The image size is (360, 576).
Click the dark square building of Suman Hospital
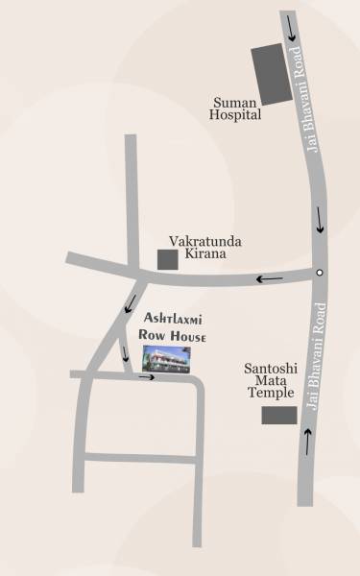pos(270,73)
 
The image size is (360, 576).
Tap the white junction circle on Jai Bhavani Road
pos(320,274)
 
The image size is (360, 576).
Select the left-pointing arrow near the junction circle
pos(269,279)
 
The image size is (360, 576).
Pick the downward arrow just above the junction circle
pos(320,227)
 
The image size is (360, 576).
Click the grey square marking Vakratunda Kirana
pos(167,259)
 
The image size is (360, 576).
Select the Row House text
pos(173,335)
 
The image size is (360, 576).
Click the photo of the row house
pos(166,358)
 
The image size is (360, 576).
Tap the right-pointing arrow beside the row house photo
pos(145,376)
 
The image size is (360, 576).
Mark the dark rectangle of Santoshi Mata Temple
pos(279,415)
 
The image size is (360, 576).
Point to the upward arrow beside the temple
pos(307,442)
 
